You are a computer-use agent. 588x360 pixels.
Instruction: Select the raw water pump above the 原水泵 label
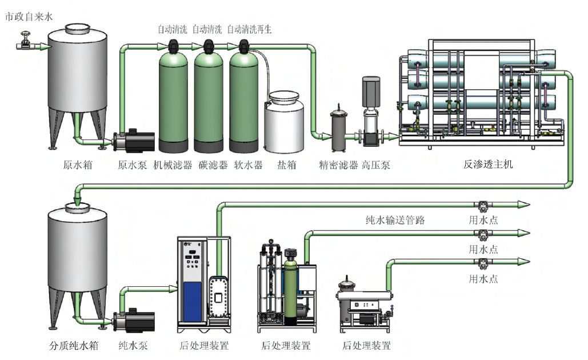click(x=133, y=140)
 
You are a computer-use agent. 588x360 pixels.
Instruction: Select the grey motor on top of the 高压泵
click(x=371, y=91)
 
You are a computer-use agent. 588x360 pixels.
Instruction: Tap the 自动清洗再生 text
click(x=249, y=29)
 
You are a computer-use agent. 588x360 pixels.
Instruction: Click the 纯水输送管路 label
click(x=395, y=219)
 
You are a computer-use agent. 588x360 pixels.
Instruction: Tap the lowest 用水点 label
click(x=483, y=279)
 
